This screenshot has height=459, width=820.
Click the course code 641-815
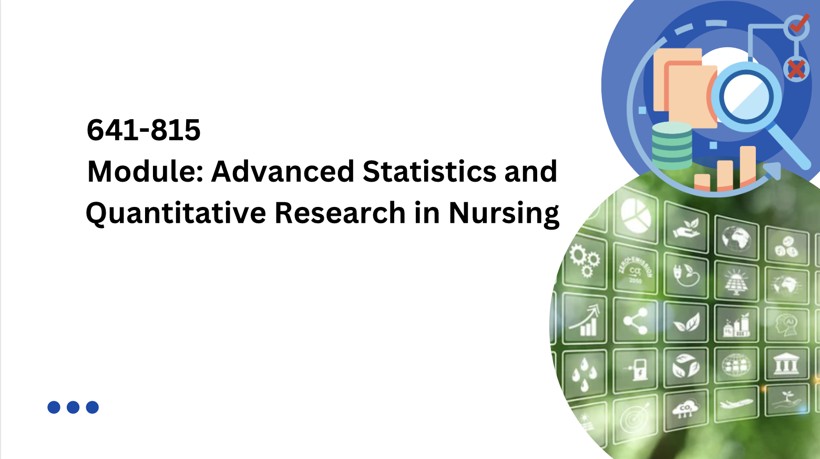(x=143, y=130)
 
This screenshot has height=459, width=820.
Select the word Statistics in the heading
(x=429, y=172)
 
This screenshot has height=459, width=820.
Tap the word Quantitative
(x=176, y=213)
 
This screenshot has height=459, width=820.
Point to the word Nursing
(x=504, y=213)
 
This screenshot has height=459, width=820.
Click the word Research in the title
(x=340, y=213)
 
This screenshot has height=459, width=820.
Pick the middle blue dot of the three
(x=73, y=407)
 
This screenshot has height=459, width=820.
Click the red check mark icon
(x=798, y=23)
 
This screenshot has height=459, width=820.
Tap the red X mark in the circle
(x=796, y=69)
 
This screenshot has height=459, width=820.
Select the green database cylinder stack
(x=672, y=145)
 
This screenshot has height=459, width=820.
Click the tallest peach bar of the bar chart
(x=747, y=167)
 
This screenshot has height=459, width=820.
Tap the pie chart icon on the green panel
(x=635, y=215)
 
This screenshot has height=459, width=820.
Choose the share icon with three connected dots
(x=634, y=320)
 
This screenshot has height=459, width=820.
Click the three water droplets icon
(x=584, y=372)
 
